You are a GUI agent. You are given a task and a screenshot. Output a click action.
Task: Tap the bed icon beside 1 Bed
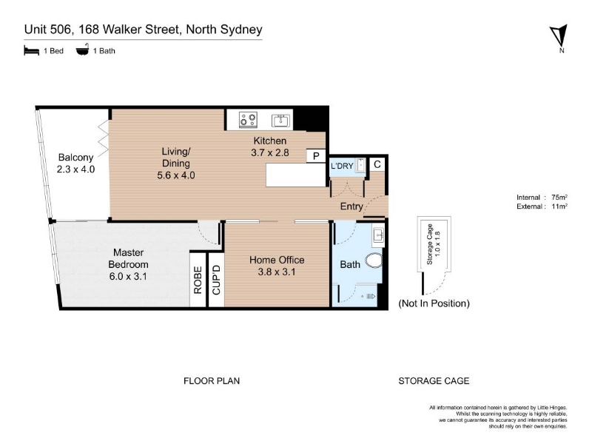click(x=31, y=50)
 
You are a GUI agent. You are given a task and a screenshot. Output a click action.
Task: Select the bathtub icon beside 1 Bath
click(x=82, y=50)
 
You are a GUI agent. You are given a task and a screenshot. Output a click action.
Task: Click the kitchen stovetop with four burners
click(x=248, y=120)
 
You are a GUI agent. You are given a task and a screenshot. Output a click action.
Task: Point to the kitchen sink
click(x=280, y=121)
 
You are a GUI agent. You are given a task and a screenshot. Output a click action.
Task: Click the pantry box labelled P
click(x=316, y=156)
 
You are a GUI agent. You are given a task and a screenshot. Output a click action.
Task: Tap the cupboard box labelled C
click(x=377, y=164)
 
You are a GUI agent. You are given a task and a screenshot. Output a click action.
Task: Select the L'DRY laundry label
click(x=342, y=166)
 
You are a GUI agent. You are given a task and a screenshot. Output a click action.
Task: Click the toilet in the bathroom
click(x=374, y=260)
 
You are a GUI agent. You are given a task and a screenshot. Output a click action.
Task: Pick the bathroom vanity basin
click(x=378, y=235)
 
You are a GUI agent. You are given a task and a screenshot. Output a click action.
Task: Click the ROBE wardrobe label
click(x=198, y=280)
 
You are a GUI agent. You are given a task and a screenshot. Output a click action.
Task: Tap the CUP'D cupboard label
click(x=216, y=280)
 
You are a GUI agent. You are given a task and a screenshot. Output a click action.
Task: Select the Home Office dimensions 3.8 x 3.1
click(x=277, y=272)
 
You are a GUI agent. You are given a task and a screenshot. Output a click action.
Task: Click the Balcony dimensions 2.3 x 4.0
click(x=75, y=169)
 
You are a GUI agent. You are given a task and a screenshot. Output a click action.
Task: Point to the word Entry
click(x=351, y=206)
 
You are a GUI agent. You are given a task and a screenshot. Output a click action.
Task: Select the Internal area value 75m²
click(x=559, y=197)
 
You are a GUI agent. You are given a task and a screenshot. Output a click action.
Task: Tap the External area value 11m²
click(x=559, y=206)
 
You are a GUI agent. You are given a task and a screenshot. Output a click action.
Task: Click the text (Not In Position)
click(x=434, y=303)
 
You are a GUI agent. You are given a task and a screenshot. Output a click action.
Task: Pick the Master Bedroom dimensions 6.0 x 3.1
click(x=128, y=276)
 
